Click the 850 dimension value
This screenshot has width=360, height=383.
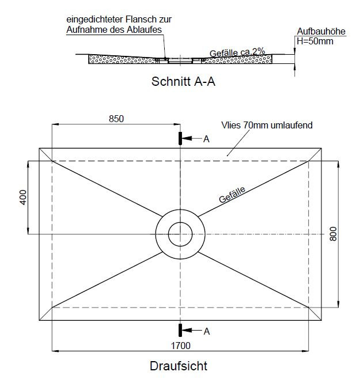[x=116, y=119]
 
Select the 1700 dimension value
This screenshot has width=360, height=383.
[x=180, y=346]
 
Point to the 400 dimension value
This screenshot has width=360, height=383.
[x=23, y=198]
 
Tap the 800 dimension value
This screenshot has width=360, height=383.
[x=333, y=234]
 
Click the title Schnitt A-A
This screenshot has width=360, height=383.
[x=183, y=82]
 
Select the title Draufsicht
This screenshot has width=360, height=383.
[x=179, y=366]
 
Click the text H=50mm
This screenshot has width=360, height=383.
[x=315, y=41]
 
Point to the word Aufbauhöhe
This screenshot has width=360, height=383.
[x=321, y=31]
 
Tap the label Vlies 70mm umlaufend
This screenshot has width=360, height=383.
[x=267, y=125]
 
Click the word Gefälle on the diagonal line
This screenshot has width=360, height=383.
[x=232, y=195]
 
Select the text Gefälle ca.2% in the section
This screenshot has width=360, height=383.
[x=237, y=52]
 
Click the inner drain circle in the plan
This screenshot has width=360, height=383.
[x=180, y=222]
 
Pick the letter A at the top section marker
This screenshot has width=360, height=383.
[x=206, y=139]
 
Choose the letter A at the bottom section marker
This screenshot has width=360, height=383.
[x=207, y=332]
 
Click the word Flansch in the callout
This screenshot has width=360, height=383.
[x=142, y=19]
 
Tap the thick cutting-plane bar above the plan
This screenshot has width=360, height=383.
[x=180, y=138]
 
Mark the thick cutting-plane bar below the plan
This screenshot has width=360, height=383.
[x=180, y=330]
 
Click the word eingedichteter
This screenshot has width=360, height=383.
[x=95, y=20]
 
